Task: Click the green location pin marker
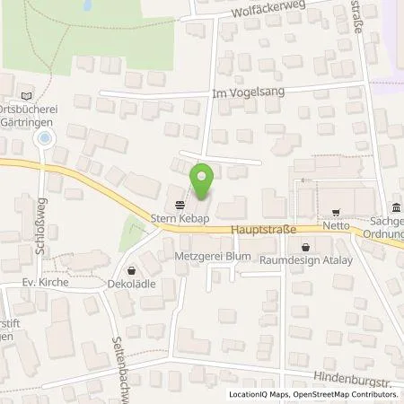click(203, 181)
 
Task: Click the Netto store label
click(337, 229)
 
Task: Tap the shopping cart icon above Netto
click(336, 213)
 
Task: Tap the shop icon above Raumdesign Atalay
click(305, 245)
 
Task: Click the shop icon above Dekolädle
click(133, 269)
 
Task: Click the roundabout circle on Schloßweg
click(44, 139)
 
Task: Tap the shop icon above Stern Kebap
click(172, 202)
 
